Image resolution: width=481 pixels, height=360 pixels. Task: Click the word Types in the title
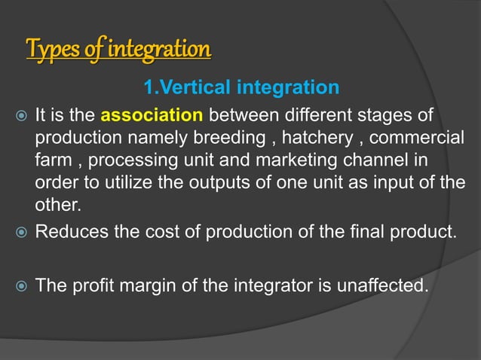[x=49, y=50]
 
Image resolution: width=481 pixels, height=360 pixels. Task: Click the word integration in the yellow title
[x=160, y=50]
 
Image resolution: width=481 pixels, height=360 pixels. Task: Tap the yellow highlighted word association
[x=152, y=117]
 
